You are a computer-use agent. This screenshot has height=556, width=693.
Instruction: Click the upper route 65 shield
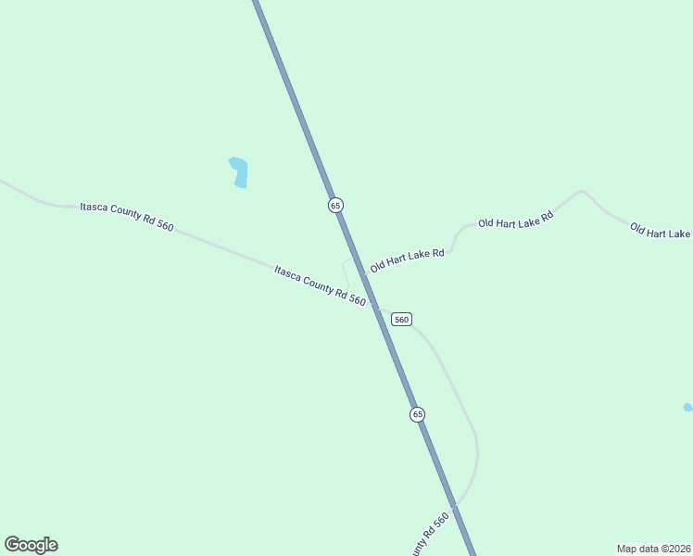point(335,205)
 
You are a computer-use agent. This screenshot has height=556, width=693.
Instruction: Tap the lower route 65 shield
point(417,414)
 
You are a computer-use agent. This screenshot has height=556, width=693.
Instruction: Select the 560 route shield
point(400,319)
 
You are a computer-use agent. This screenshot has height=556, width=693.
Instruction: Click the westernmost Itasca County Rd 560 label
point(127,216)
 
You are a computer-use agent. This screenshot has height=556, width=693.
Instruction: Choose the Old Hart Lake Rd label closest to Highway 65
point(408,259)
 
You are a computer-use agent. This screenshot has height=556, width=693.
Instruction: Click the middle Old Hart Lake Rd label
point(515,221)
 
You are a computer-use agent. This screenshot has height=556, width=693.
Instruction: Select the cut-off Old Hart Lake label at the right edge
point(661,231)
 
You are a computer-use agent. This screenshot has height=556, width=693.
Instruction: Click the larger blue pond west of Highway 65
point(239,171)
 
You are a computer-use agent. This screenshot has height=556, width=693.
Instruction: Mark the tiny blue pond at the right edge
point(687,408)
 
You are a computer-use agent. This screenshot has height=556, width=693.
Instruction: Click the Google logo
point(31,545)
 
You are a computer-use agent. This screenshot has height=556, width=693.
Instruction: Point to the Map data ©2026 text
point(653,548)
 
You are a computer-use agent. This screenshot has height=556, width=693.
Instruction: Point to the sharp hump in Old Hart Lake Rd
point(581,192)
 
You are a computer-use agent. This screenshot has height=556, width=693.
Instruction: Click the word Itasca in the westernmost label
point(95,207)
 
